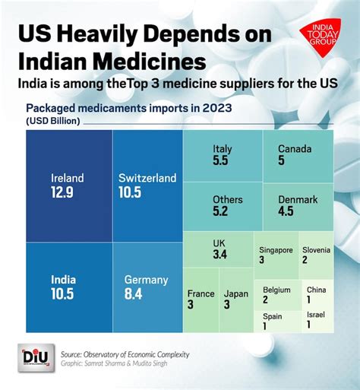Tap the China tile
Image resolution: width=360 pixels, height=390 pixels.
click(316, 294)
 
